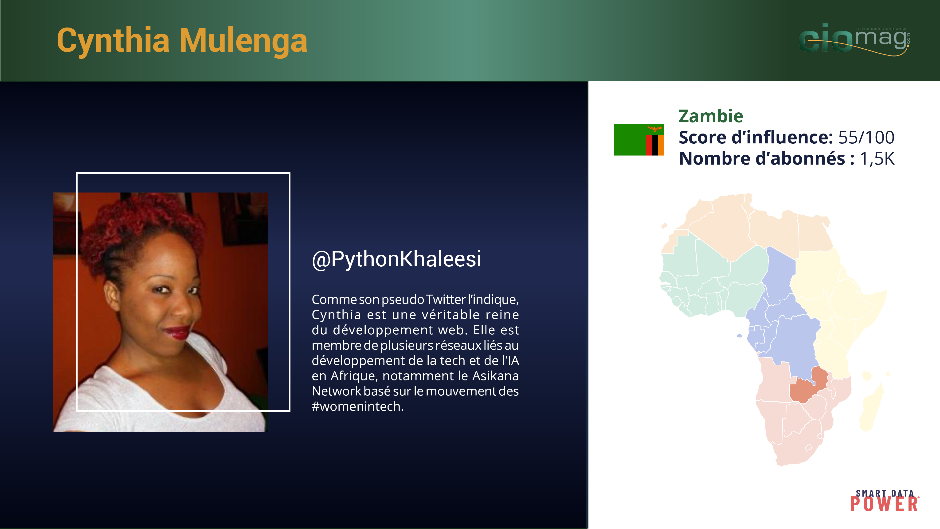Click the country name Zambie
pos(710,116)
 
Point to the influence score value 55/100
pos(866,137)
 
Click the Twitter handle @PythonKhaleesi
pos(397,259)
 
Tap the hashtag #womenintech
pos(358,406)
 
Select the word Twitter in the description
pos(446,299)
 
